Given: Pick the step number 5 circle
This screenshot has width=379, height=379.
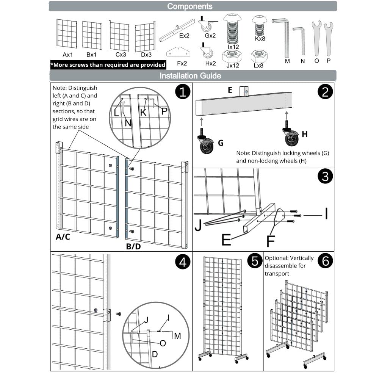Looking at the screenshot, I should coord(254,261).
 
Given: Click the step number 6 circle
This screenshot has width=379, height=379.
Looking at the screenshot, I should coord(325,261).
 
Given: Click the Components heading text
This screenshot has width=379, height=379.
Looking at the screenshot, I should coord(190,6).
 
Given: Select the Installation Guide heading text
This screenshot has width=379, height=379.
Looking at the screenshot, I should coord(190,75).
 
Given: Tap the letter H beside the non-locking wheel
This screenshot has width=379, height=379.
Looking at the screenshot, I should coord(305,134).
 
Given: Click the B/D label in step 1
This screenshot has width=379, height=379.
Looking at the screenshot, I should coord(133,247).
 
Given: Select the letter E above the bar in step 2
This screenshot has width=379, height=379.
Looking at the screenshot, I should coord(230,90).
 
